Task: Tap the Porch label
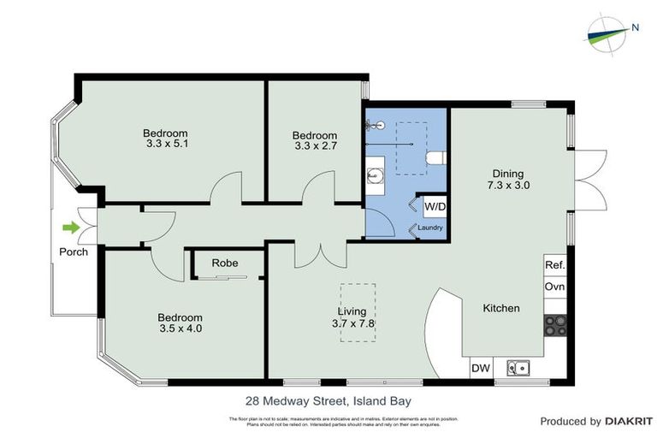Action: click(x=73, y=252)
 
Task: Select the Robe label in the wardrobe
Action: click(x=225, y=263)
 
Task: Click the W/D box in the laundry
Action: click(x=434, y=206)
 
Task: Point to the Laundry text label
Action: click(x=429, y=228)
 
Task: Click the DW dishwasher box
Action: click(x=480, y=368)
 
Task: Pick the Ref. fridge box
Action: click(x=554, y=266)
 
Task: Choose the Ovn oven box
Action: click(x=554, y=287)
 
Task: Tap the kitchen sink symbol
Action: click(x=518, y=368)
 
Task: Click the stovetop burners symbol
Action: click(x=554, y=325)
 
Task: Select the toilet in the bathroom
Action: click(x=435, y=157)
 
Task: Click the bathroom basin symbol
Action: click(x=374, y=177)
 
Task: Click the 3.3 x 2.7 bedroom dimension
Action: click(x=314, y=147)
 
